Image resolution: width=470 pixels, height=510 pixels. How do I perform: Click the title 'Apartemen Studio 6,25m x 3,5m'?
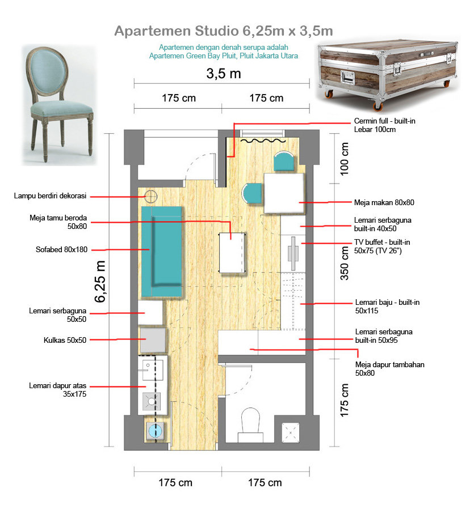point(224,31)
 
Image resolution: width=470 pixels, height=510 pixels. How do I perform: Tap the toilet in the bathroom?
point(250,422)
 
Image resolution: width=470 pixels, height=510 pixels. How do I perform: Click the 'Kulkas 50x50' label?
point(65,340)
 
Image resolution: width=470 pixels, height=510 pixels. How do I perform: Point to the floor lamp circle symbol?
point(151,197)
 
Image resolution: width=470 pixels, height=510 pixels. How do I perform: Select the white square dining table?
point(285,193)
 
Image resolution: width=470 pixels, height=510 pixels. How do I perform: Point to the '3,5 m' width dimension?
point(223,74)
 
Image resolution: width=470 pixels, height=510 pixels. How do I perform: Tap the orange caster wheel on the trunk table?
point(376,105)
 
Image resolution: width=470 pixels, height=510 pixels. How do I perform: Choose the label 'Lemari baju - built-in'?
point(387,303)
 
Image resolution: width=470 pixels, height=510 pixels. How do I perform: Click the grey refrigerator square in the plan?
point(152,341)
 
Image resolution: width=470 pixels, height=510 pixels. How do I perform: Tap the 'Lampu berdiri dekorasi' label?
point(50,196)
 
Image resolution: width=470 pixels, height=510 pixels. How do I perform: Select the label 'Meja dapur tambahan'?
point(389,364)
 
